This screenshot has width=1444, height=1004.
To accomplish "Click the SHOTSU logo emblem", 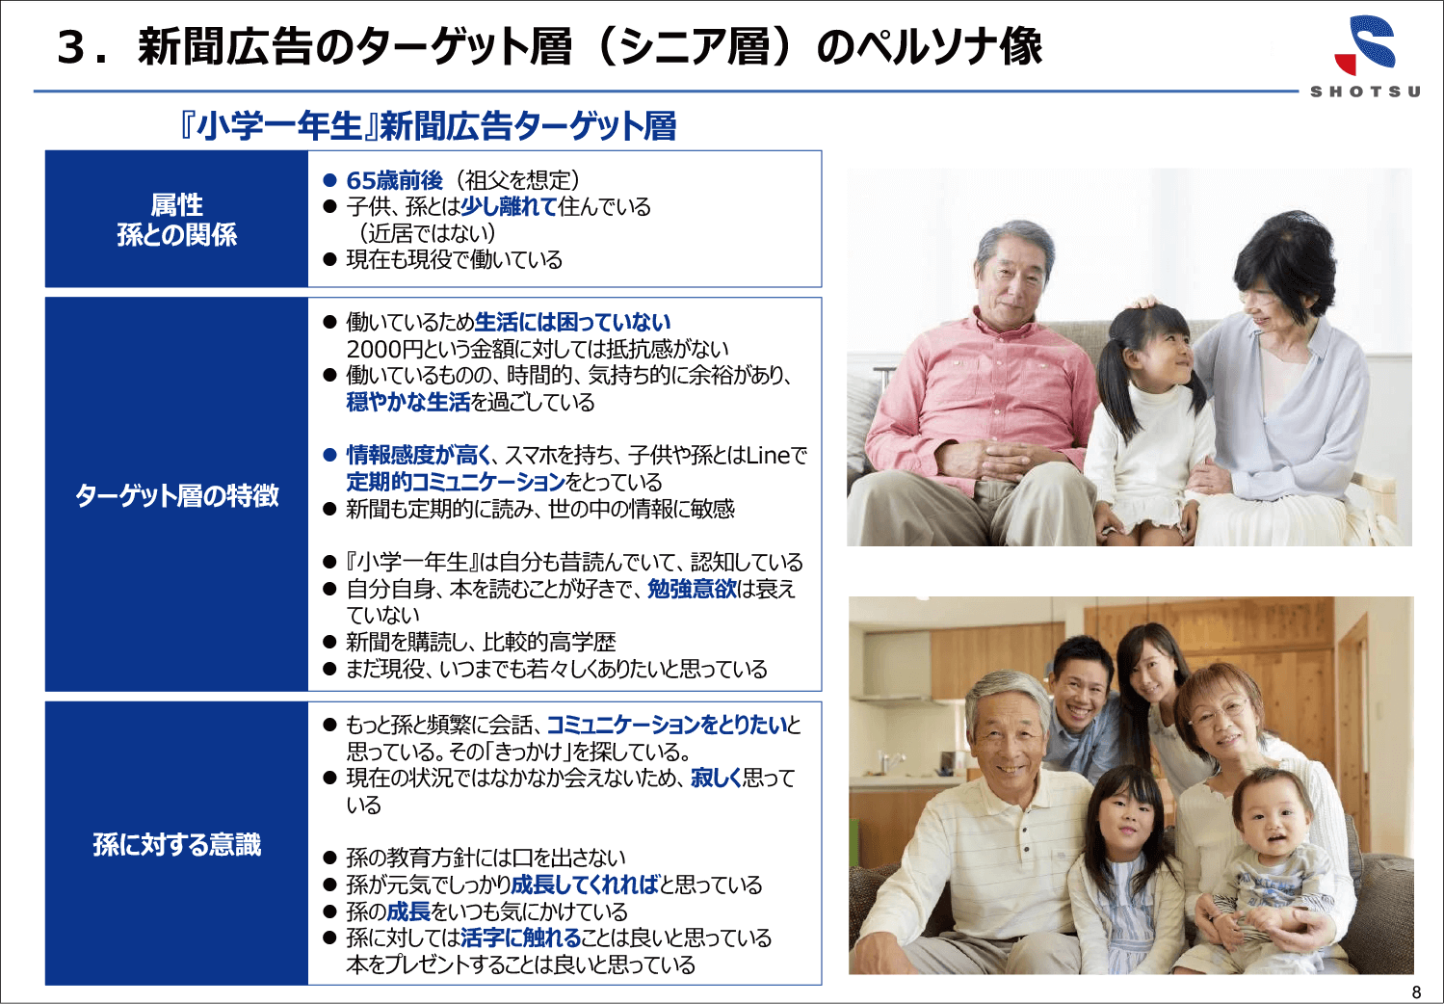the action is point(1365,44).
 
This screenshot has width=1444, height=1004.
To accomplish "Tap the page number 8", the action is point(1416,991).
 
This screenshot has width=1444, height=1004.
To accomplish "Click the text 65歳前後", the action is point(395,180).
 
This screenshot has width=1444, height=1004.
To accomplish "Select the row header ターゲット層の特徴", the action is point(176,495).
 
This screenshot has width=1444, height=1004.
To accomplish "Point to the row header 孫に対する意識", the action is point(176,844).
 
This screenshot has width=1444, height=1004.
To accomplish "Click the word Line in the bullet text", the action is point(769,455).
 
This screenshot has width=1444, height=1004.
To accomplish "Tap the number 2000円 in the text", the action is point(384,349).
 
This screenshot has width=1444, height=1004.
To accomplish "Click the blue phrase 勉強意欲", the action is point(692,589).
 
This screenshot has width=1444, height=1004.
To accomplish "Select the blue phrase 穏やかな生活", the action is point(408,402).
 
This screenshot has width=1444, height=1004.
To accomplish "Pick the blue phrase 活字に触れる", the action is point(521,938).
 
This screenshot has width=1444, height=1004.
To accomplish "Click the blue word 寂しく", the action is point(716,778).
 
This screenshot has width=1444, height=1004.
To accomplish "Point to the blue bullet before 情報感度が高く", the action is point(330,455).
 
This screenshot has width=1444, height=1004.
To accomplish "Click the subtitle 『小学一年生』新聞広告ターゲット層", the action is point(428,126).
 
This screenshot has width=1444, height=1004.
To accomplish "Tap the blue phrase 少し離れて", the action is point(509,206).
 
